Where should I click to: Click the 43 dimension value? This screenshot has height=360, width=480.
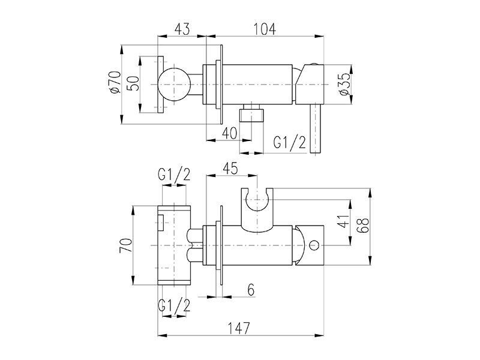tap(182, 29)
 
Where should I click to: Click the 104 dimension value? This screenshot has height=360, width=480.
tap(265, 29)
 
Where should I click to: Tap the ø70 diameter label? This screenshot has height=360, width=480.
tap(115, 82)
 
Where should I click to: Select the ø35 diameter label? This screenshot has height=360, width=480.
tap(344, 84)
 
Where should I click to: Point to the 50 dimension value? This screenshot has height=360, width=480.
tap(133, 83)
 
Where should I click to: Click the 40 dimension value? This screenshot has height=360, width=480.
tap(230, 133)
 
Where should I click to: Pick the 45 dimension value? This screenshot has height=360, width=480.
tap(230, 169)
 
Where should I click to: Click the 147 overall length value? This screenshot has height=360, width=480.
tap(239, 328)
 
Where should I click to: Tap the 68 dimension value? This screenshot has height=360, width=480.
tap(364, 226)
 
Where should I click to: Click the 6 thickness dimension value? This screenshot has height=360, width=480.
tap(251, 290)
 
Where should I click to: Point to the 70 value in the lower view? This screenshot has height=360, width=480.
tap(126, 245)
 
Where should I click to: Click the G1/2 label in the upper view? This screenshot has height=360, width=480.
tap(290, 142)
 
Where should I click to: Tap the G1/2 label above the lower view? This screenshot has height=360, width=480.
tap(174, 175)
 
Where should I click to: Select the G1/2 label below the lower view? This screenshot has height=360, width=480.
tap(174, 305)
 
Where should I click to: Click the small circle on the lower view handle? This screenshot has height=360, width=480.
tap(314, 245)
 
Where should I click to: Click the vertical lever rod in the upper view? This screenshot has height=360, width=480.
tap(316, 128)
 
